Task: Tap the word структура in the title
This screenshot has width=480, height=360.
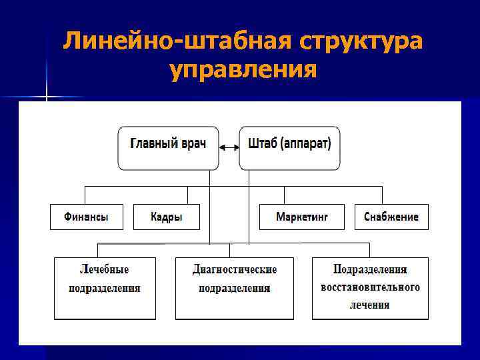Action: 361,41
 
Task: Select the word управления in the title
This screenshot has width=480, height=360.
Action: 243,68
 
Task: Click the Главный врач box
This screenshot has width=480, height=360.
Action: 168,147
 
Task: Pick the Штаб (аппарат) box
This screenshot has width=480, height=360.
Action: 289,147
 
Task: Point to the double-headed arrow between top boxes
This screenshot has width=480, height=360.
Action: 229,147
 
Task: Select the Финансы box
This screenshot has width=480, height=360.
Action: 87,217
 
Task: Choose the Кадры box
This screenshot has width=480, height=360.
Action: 167,217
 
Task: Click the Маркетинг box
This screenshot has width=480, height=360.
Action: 302,217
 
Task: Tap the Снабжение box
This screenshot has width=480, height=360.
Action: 391,217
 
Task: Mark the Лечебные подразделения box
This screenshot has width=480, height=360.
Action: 105,287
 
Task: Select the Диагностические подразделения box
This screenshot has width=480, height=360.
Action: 235,287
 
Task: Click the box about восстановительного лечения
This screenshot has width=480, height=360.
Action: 370,287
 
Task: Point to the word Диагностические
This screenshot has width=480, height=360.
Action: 235,270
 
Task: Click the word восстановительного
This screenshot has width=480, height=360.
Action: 370,287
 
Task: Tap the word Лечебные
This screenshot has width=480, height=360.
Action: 105,270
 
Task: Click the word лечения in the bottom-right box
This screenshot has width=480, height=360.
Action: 370,305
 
